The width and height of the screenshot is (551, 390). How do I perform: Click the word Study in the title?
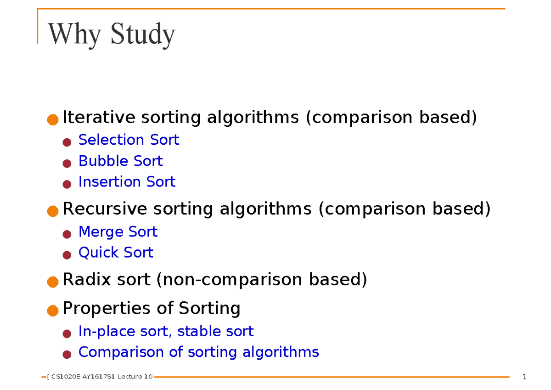pos(143,35)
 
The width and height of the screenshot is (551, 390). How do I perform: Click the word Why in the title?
pos(73,34)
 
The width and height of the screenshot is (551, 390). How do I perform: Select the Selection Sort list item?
pos(129,140)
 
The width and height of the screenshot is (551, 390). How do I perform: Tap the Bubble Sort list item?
pos(120,161)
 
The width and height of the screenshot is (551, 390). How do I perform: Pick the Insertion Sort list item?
pos(127,182)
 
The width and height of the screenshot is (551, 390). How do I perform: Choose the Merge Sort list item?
pos(118,232)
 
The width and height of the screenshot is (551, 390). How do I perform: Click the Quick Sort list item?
pos(116,252)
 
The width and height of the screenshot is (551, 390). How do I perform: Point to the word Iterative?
pos(99,118)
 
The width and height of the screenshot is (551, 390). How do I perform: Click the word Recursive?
pos(105,209)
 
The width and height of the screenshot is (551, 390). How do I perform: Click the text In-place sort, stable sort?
pos(166,331)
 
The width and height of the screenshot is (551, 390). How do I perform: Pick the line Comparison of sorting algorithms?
pos(198,352)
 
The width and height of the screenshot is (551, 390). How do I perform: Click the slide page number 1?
pos(524,378)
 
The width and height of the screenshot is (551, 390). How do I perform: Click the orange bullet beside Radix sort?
pos(53,281)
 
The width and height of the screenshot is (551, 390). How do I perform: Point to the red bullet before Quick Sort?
pos(67,254)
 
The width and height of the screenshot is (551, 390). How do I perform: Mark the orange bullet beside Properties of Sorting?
pos(53,310)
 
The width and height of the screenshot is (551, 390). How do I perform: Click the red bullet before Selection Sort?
pos(67,142)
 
